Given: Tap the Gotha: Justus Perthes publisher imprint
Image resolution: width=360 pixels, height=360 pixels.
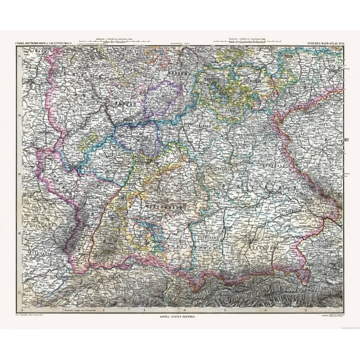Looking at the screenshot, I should click(180, 317).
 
